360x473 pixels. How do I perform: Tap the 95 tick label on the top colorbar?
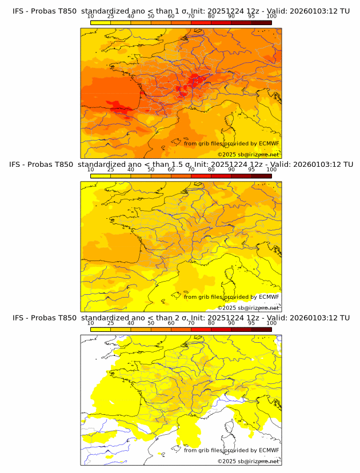coord(251,17)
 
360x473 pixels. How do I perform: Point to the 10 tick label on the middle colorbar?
coord(91,170)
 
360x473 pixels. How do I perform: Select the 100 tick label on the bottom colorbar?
coord(271,323)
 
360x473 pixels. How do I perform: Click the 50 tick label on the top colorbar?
coord(151,17)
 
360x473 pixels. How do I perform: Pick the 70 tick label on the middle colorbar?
coord(191,170)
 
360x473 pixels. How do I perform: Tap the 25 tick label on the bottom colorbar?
coord(111,323)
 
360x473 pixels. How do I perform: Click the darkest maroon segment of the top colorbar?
coord(261,22)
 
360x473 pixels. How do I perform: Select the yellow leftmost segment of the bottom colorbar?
coord(101,328)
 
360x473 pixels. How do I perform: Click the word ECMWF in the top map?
coord(269,143)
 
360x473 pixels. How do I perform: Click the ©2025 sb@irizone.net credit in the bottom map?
coord(248,461)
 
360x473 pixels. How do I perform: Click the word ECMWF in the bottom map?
coord(269,450)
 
